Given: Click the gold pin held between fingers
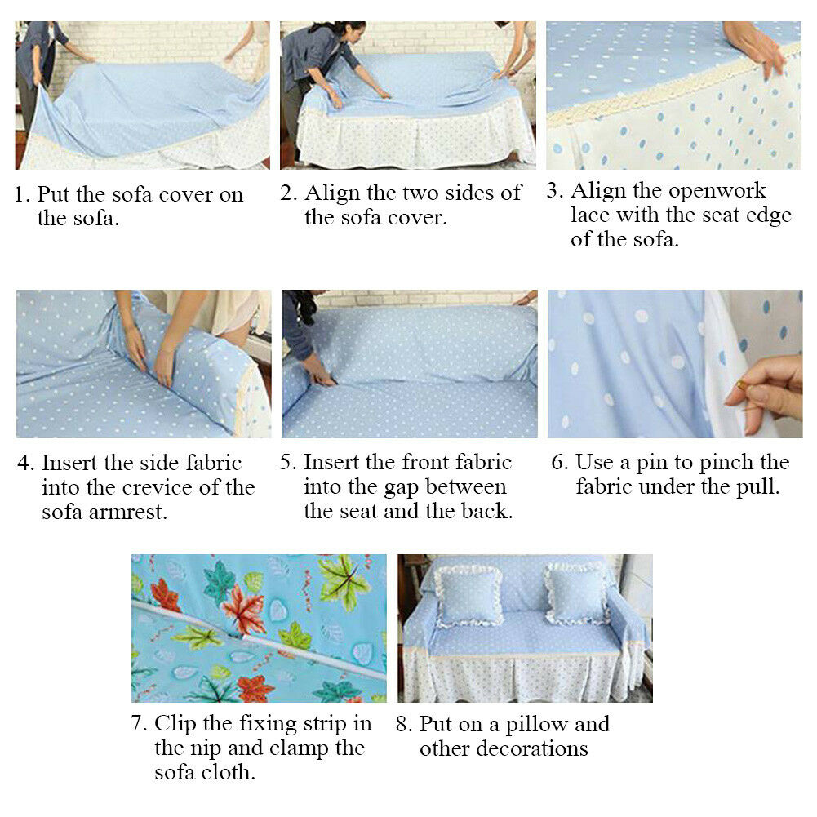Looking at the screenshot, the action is click(x=741, y=386).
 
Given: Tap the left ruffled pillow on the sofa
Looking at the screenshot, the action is click(x=468, y=596).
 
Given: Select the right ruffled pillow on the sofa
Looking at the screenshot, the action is click(x=577, y=593).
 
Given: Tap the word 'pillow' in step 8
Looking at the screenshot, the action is click(x=537, y=725).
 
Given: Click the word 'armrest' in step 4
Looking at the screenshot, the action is click(x=128, y=513).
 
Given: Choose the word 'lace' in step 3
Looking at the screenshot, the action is click(x=590, y=214).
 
